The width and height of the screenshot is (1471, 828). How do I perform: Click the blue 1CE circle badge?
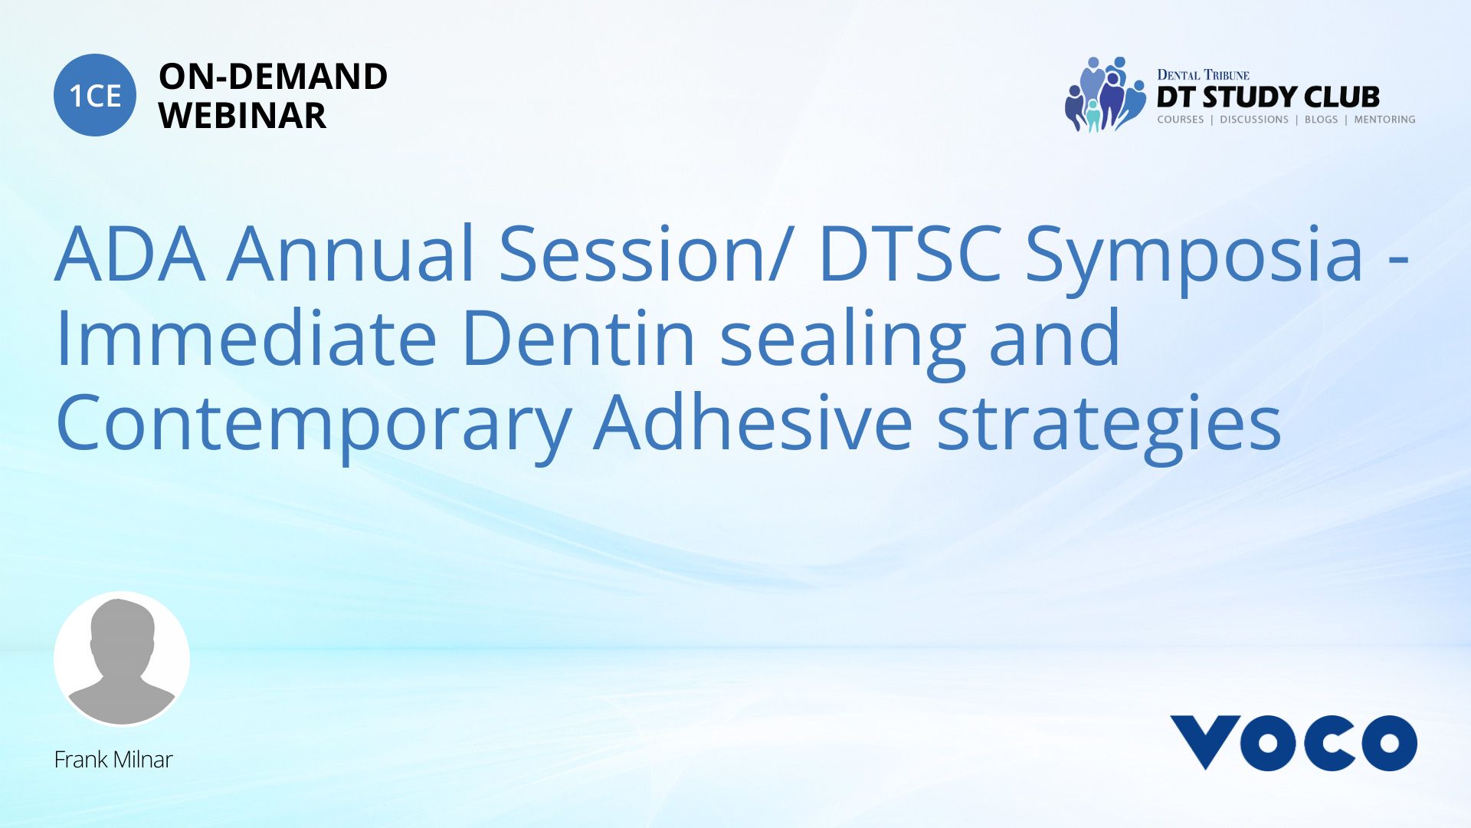point(95,95)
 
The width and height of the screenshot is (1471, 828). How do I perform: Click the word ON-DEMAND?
point(273,77)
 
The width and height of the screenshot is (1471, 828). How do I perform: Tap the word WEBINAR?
point(242,116)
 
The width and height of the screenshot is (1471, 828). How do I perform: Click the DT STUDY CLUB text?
point(1268,97)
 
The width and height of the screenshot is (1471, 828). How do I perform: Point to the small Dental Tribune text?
point(1203,74)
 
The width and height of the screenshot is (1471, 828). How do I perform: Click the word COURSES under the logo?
point(1181,120)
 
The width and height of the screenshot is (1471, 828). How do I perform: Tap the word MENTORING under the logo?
point(1384,120)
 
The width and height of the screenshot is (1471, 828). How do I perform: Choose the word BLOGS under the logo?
point(1321,120)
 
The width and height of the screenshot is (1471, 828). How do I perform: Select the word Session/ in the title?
point(644,254)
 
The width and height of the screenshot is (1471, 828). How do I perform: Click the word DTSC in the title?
point(910,254)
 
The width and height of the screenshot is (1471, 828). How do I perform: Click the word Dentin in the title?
point(578,338)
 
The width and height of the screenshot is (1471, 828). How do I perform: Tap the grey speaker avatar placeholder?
point(122,659)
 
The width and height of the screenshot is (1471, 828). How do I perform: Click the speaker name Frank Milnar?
point(113,760)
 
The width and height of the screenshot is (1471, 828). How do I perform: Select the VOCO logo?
point(1293,743)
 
